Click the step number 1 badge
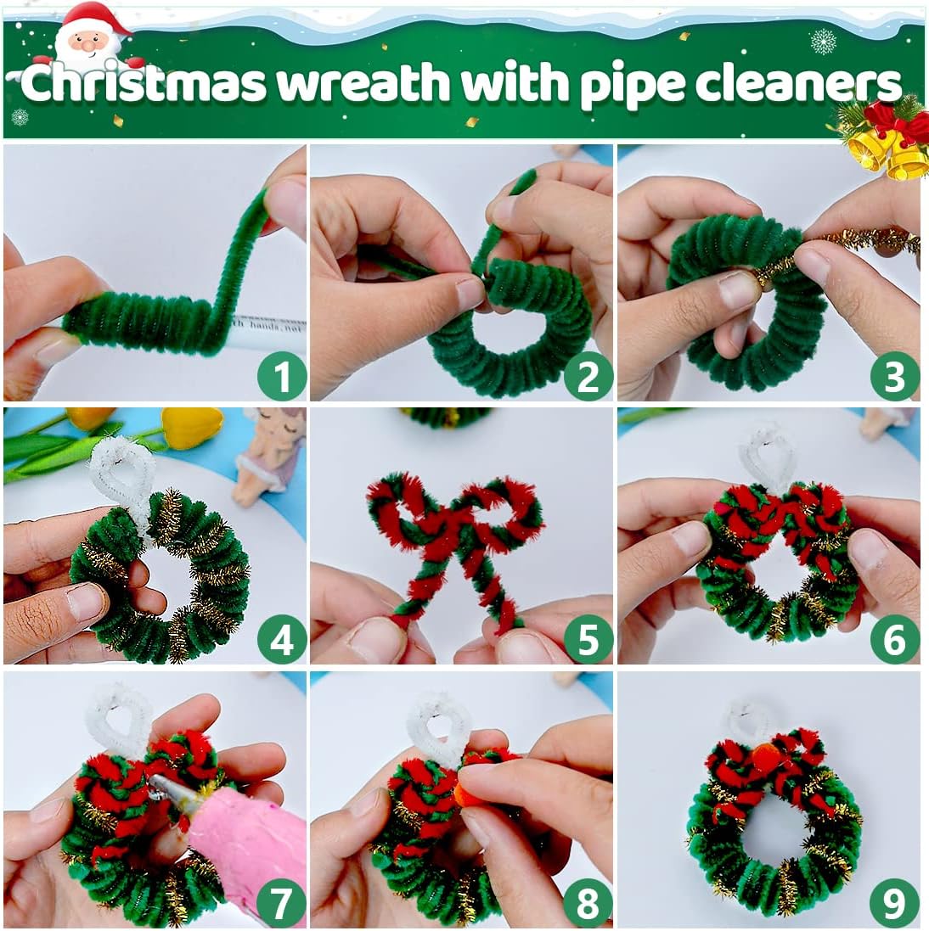pos(281,376)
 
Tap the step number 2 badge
pos(588,376)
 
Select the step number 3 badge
pos(894,376)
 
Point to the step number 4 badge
pos(281,640)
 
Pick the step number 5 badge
pos(588,640)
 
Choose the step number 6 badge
pos(894,640)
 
